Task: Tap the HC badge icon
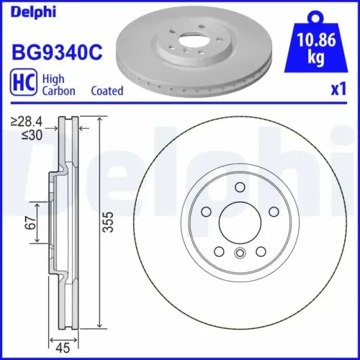25,84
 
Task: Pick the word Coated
107,91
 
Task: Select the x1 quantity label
333,91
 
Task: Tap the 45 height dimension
64,344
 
